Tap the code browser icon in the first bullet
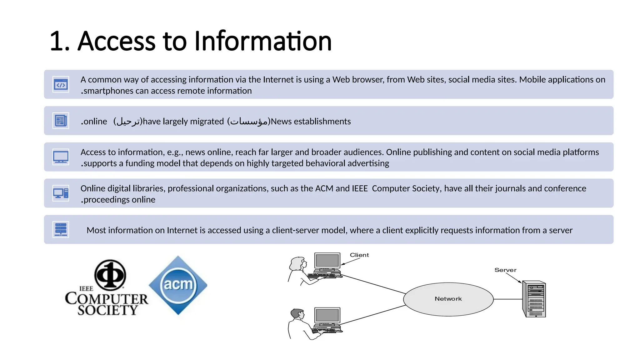click(x=61, y=84)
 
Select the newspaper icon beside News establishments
click(x=61, y=121)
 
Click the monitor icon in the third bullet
click(x=61, y=157)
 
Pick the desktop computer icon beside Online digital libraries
click(x=61, y=193)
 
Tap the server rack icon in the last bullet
click(x=61, y=229)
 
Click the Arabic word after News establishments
click(x=249, y=121)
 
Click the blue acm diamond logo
click(x=178, y=285)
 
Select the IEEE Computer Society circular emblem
click(x=110, y=275)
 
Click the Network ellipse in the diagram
click(x=448, y=299)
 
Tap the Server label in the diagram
click(x=505, y=270)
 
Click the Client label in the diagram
click(x=359, y=255)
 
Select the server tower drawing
click(x=534, y=299)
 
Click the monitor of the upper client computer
click(x=327, y=261)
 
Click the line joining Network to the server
click(x=508, y=299)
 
